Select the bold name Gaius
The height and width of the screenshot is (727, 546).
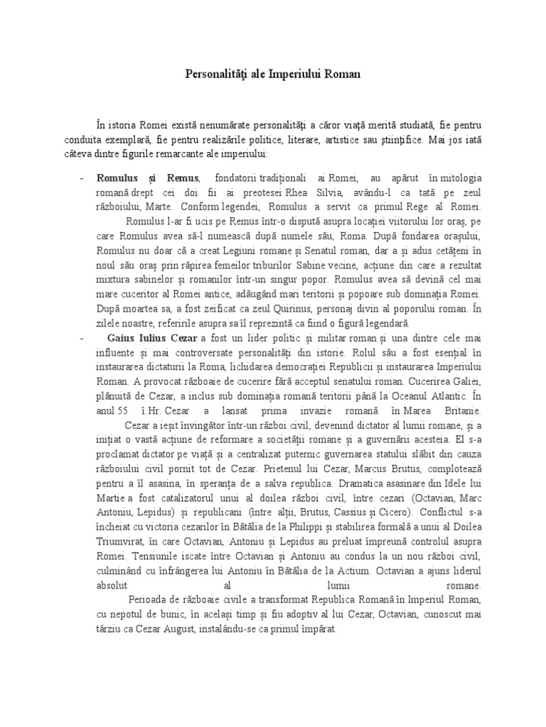[121, 336]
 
